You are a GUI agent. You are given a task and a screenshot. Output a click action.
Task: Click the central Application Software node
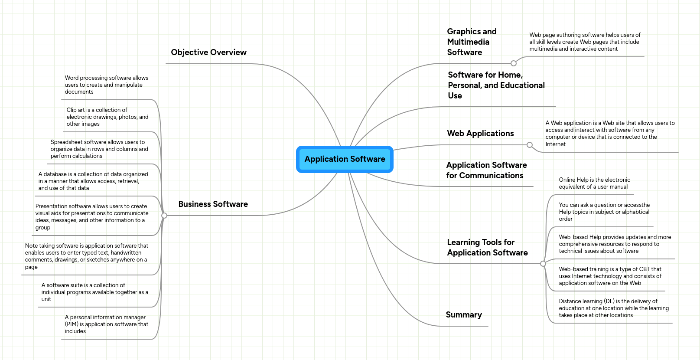click(x=345, y=159)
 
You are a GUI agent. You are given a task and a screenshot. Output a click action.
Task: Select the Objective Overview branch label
click(x=208, y=52)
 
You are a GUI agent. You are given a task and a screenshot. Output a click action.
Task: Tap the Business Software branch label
click(x=213, y=204)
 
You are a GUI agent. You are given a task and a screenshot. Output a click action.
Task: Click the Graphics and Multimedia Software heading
click(x=472, y=42)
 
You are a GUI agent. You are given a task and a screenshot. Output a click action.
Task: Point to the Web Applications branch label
click(x=480, y=134)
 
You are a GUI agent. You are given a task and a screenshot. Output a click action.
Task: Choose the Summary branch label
click(x=464, y=315)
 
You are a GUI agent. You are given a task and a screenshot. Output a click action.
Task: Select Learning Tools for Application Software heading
click(x=487, y=248)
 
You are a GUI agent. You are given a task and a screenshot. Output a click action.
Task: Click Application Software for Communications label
click(x=486, y=170)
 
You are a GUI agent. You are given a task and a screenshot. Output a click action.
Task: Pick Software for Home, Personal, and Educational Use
click(x=496, y=85)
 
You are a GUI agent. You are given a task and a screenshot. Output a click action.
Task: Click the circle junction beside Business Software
click(x=164, y=216)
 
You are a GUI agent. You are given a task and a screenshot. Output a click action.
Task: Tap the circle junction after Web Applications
click(x=529, y=145)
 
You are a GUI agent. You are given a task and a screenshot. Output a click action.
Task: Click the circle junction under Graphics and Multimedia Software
click(x=514, y=63)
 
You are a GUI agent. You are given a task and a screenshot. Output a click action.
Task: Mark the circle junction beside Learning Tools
click(x=543, y=264)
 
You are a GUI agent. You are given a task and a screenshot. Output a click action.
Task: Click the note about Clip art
click(x=107, y=117)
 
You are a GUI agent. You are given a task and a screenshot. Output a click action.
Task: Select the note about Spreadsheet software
click(x=99, y=149)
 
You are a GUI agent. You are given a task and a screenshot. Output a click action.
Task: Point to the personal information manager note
click(x=106, y=324)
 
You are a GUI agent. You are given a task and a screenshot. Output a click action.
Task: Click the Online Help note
click(x=594, y=183)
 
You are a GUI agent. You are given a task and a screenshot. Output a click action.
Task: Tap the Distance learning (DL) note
click(x=613, y=308)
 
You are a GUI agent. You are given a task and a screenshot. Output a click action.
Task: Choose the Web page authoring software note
click(x=585, y=42)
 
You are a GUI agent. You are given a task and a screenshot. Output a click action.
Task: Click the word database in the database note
click(x=55, y=174)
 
